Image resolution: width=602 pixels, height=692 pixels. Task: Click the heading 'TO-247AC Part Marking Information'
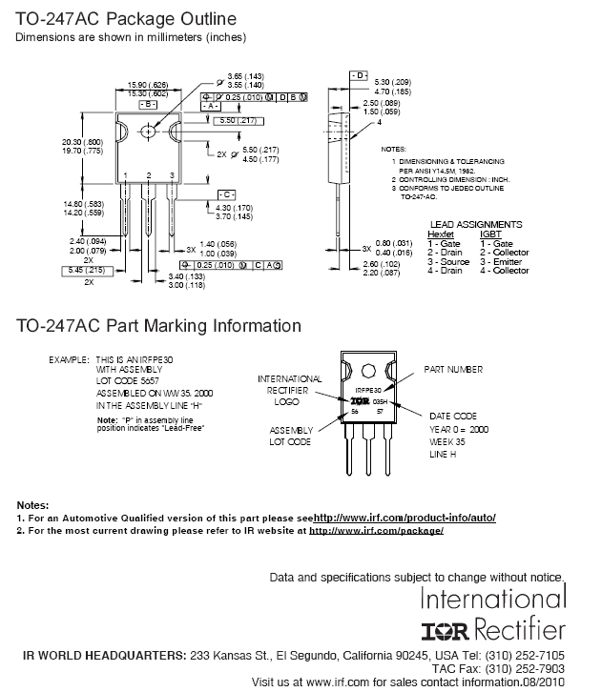[x=158, y=326]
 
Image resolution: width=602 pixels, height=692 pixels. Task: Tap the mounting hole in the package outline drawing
[x=148, y=130]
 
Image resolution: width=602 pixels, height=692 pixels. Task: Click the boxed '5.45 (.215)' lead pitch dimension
[x=82, y=272]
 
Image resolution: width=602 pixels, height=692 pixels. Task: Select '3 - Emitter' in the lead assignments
[x=502, y=261]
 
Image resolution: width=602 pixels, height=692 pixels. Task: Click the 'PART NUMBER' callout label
[x=453, y=370]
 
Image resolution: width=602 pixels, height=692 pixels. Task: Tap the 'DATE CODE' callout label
[x=453, y=417]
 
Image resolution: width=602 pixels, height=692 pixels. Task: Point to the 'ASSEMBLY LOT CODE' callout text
[x=290, y=436]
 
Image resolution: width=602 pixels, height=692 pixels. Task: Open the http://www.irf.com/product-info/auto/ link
[x=405, y=518]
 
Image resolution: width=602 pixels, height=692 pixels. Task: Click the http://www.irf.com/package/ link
[x=377, y=530]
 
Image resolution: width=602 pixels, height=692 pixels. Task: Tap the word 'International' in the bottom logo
[x=493, y=600]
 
